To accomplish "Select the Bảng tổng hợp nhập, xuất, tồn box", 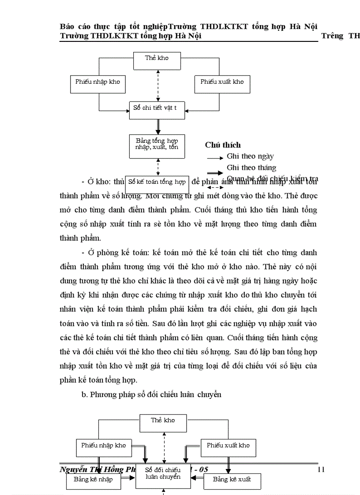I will [157, 144].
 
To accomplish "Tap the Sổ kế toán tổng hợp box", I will [157, 182].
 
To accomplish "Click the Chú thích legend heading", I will [223, 145].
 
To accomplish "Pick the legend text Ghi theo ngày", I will [250, 156].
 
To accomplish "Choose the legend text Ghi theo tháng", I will [251, 167].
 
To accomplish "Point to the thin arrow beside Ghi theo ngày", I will [215, 157].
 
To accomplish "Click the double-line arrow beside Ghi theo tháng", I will [215, 174].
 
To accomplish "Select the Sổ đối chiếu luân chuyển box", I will [163, 473].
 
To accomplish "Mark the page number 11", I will [321, 469].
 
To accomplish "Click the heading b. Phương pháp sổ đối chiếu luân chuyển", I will [151, 395].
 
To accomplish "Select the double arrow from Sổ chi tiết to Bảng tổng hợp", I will [157, 127].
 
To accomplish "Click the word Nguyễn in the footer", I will [71, 469].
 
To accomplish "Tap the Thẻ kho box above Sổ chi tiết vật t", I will [157, 58].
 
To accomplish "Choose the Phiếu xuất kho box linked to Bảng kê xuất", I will [228, 446].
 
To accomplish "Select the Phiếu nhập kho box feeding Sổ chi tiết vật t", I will [97, 82].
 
